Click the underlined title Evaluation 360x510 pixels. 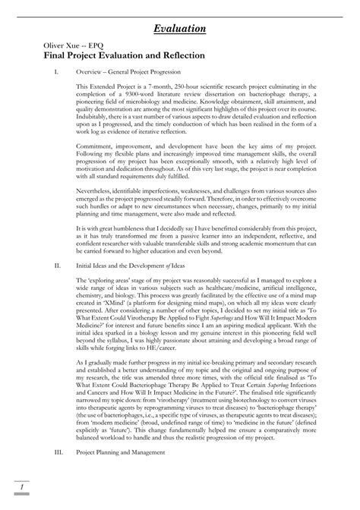coord(180,29)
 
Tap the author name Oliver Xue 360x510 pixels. coord(44,46)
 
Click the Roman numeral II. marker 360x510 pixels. coord(49,266)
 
